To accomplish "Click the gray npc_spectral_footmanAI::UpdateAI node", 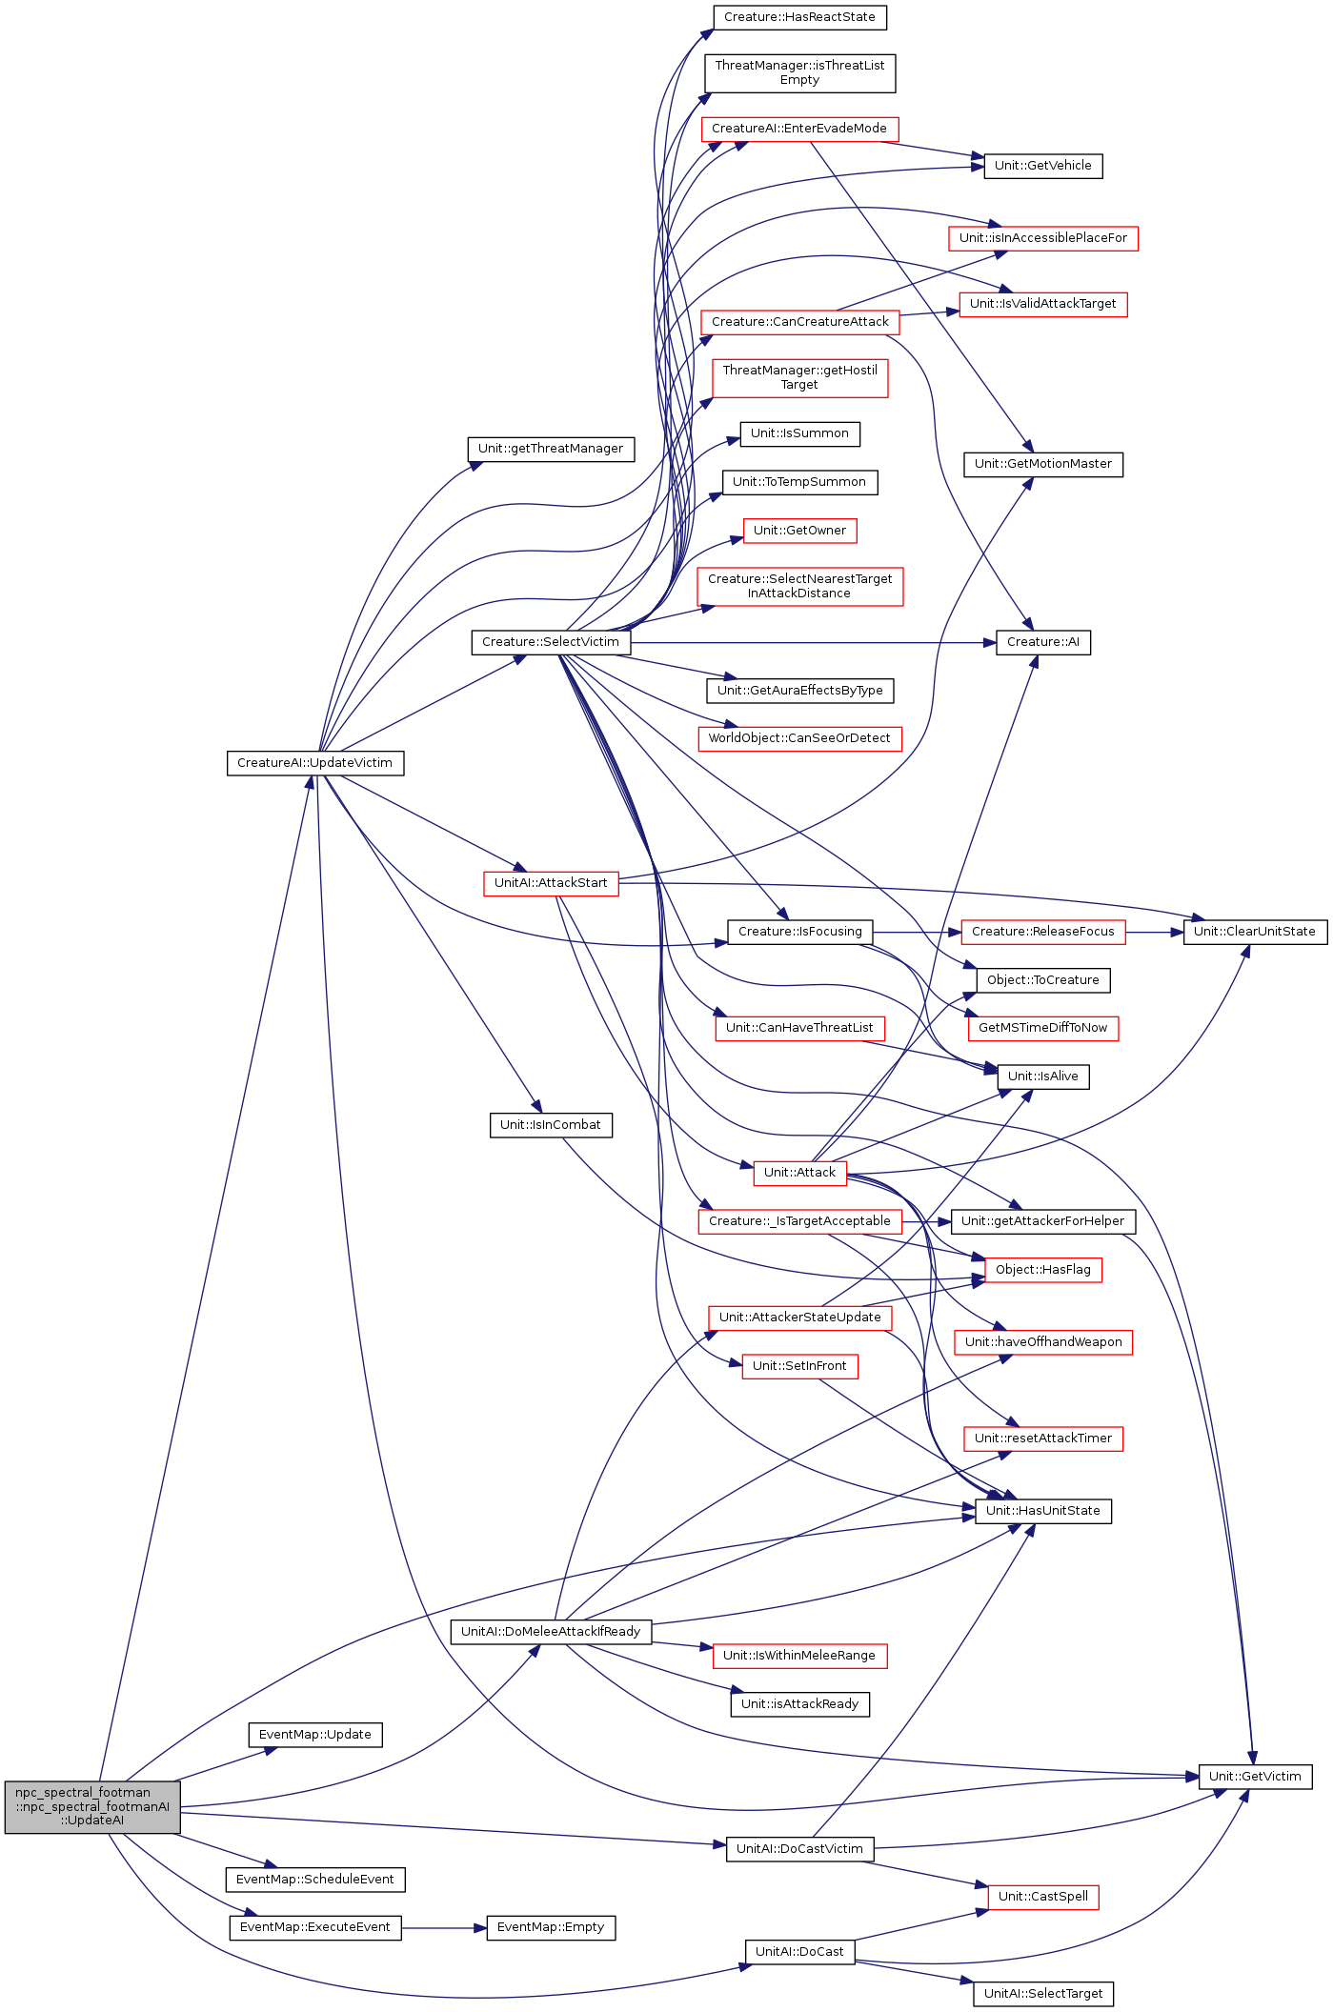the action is coord(92,1806).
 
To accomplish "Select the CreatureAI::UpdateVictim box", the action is coord(315,763).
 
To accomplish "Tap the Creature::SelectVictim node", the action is coord(551,642).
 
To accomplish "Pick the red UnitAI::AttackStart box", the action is coord(551,883).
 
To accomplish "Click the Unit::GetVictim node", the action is coord(1255,1777).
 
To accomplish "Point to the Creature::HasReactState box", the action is coord(799,17).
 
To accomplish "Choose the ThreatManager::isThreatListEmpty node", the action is coord(799,72).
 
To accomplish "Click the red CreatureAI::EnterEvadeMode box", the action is coord(799,129).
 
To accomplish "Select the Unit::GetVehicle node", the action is coord(1043,166).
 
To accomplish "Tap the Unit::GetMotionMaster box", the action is coord(1043,464).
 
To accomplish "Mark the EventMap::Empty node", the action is coord(551,1927).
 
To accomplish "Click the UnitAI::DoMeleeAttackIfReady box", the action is coord(551,1632).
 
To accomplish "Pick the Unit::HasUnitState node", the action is coord(1043,1511).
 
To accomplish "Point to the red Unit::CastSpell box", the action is coord(1043,1897).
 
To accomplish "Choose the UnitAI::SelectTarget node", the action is coord(1043,1994).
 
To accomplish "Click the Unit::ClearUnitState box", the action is coord(1255,932).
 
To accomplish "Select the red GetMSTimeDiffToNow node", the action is coord(1043,1028).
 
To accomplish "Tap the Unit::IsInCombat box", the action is coord(551,1125).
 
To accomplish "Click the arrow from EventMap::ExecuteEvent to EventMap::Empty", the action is coord(444,1928).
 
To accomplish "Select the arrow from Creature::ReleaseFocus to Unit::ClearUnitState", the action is coord(1154,932).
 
